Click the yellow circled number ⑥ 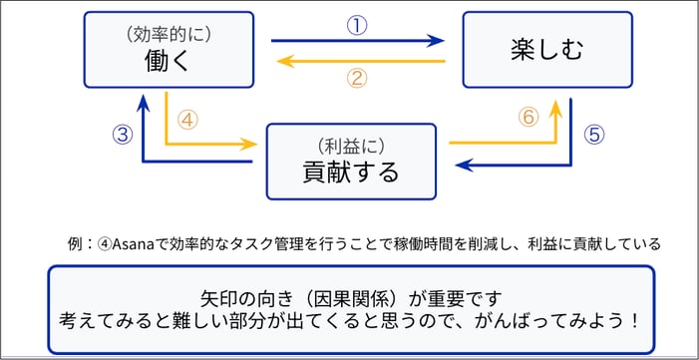coord(529,117)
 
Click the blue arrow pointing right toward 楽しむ coord(359,41)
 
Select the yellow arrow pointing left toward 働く coord(359,61)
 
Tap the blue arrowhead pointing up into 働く coord(145,100)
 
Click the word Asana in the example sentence coord(135,243)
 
